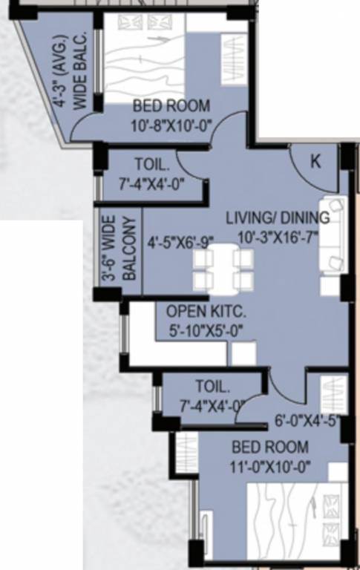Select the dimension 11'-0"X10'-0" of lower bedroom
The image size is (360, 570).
tap(269, 466)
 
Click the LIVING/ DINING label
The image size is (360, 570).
tap(277, 217)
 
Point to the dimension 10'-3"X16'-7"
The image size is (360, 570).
tap(277, 235)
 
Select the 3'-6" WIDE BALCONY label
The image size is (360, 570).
tap(118, 248)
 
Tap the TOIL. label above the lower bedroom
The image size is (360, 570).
tap(213, 387)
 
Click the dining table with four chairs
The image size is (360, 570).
tap(223, 269)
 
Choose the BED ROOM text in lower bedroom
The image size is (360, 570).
tap(270, 448)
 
